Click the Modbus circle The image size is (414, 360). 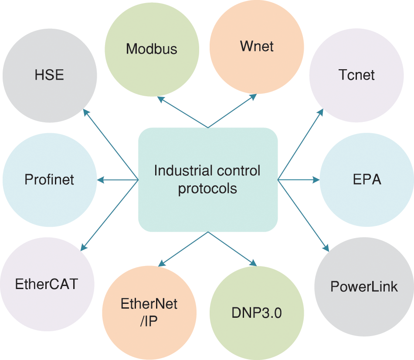pyautogui.click(x=152, y=49)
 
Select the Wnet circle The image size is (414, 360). pyautogui.click(x=257, y=46)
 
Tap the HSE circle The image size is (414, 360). pyautogui.click(x=49, y=75)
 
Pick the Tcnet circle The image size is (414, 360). pyautogui.click(x=356, y=75)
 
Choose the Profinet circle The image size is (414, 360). pyautogui.click(x=49, y=179)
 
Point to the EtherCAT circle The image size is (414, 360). pyautogui.click(x=47, y=284)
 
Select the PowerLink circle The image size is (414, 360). pyautogui.click(x=364, y=286)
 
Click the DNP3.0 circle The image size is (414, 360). pyautogui.click(x=257, y=313)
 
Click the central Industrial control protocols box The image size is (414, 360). pyautogui.click(x=208, y=179)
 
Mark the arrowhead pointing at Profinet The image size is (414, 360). pyautogui.click(x=100, y=179)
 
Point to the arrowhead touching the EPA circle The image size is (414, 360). pyautogui.click(x=316, y=179)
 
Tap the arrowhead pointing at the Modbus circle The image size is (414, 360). pyautogui.click(x=160, y=99)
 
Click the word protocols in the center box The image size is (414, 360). pyautogui.click(x=207, y=188)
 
